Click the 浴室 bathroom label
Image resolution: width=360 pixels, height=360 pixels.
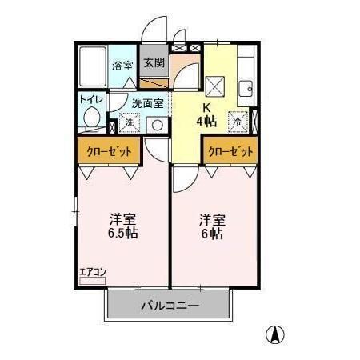pyautogui.click(x=122, y=66)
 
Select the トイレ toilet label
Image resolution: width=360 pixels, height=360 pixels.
pyautogui.click(x=89, y=98)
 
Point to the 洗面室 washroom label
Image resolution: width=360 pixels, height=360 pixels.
pyautogui.click(x=148, y=102)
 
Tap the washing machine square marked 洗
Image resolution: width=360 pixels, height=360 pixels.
pyautogui.click(x=129, y=124)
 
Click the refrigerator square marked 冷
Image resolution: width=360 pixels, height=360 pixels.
pyautogui.click(x=238, y=121)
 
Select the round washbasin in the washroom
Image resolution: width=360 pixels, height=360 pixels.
pyautogui.click(x=157, y=124)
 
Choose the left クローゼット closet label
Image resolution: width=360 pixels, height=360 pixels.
pyautogui.click(x=109, y=150)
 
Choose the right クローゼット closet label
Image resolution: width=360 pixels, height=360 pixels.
pyautogui.click(x=230, y=150)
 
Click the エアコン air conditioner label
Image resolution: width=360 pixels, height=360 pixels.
pyautogui.click(x=93, y=272)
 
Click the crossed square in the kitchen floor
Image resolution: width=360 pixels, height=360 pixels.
pyautogui.click(x=215, y=84)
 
